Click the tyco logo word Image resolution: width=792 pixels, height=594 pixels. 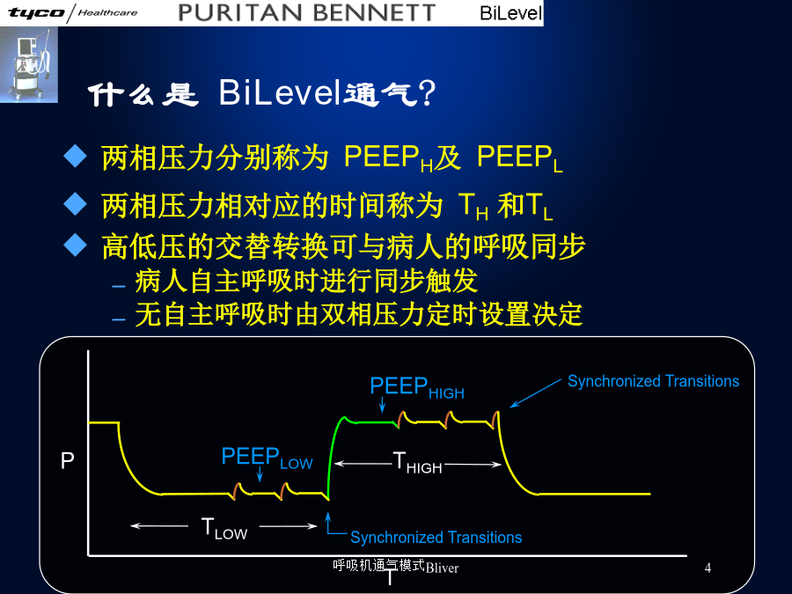pyautogui.click(x=37, y=12)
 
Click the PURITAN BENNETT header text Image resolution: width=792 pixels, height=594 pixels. pyautogui.click(x=307, y=12)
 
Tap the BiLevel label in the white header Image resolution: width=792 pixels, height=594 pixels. pyautogui.click(x=510, y=13)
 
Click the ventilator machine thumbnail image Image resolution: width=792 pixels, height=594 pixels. pyautogui.click(x=29, y=65)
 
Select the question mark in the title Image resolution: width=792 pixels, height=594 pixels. pyautogui.click(x=427, y=92)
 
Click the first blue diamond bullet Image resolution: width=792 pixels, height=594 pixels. pyautogui.click(x=76, y=156)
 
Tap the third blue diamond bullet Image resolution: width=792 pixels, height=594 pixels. pyautogui.click(x=76, y=245)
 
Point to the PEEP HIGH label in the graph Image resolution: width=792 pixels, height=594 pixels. pyautogui.click(x=417, y=387)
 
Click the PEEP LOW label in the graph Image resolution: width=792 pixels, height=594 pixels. pyautogui.click(x=267, y=458)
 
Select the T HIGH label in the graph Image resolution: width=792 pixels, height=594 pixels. pyautogui.click(x=417, y=463)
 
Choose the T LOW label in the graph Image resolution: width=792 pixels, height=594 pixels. pyautogui.click(x=224, y=528)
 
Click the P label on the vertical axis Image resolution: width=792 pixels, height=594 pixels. pyautogui.click(x=67, y=460)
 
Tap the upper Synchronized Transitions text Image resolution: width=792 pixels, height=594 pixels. pyautogui.click(x=653, y=381)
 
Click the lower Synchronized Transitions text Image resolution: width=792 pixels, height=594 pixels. pyautogui.click(x=436, y=537)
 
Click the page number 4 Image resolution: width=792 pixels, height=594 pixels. pyautogui.click(x=708, y=568)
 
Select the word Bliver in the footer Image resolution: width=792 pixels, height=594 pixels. pyautogui.click(x=442, y=568)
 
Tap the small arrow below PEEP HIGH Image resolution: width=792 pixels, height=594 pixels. pyautogui.click(x=383, y=405)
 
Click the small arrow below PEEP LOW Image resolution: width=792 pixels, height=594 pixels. pyautogui.click(x=260, y=474)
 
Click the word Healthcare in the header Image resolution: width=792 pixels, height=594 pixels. pyautogui.click(x=107, y=12)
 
